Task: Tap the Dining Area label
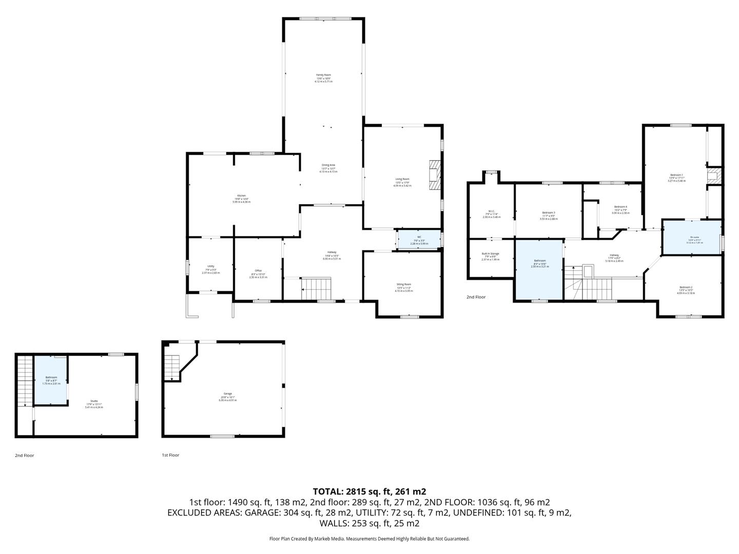[328, 168]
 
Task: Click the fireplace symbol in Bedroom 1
[713, 176]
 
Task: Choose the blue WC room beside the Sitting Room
[419, 240]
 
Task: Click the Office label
[258, 273]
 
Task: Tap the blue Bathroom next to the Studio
[51, 380]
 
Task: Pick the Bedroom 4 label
[620, 209]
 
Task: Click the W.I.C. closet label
[491, 214]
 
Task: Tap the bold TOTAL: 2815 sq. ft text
[369, 491]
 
